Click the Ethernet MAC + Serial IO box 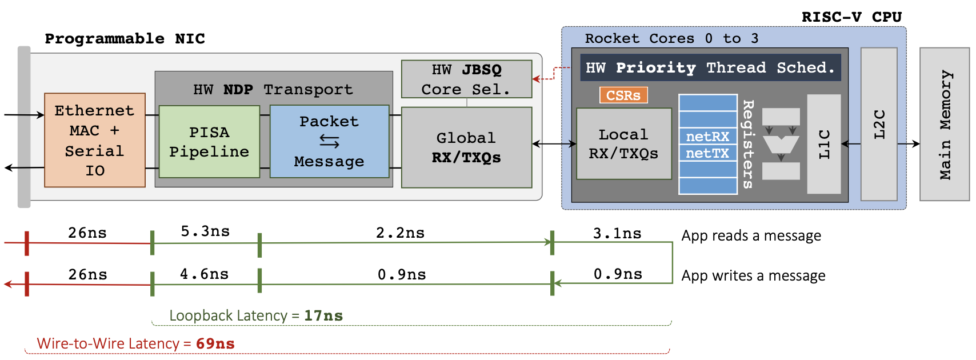[95, 140]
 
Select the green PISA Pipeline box [209, 142]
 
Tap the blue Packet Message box [329, 141]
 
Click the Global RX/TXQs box [466, 147]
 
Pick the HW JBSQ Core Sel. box [466, 79]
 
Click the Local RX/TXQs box [623, 144]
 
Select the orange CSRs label [623, 95]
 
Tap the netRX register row [707, 137]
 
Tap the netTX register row [707, 153]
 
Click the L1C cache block [823, 144]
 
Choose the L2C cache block [879, 124]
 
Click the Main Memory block [945, 124]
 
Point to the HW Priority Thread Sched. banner [710, 67]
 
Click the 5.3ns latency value [205, 231]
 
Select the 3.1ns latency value [617, 233]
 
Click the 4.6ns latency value [204, 274]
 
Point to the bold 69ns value [215, 343]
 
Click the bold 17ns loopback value [323, 315]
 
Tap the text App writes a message [753, 275]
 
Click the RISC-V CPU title [851, 17]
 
